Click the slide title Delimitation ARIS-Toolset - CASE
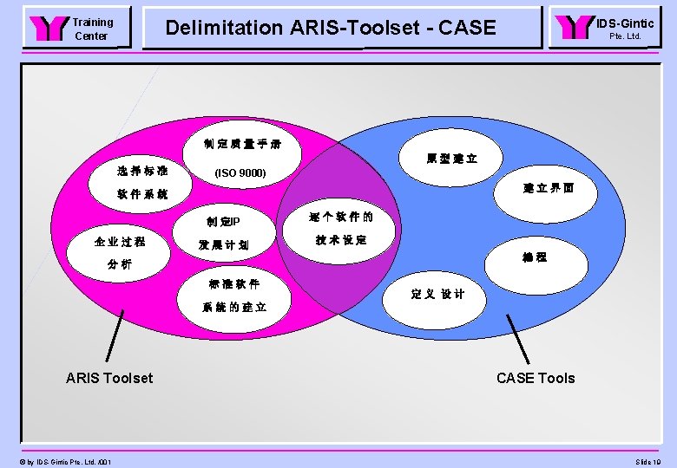(331, 28)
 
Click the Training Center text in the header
(91, 29)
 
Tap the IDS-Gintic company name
(624, 23)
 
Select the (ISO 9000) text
(240, 174)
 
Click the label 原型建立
(451, 159)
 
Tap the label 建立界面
(549, 188)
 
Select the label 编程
(535, 257)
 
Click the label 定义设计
(437, 294)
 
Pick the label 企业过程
(121, 239)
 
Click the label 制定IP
(224, 221)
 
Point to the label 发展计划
(223, 245)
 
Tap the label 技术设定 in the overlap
(341, 240)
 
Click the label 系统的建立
(234, 308)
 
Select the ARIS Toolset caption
(109, 378)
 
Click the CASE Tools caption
(536, 378)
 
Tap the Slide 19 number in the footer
(647, 461)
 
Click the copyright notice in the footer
(62, 461)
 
